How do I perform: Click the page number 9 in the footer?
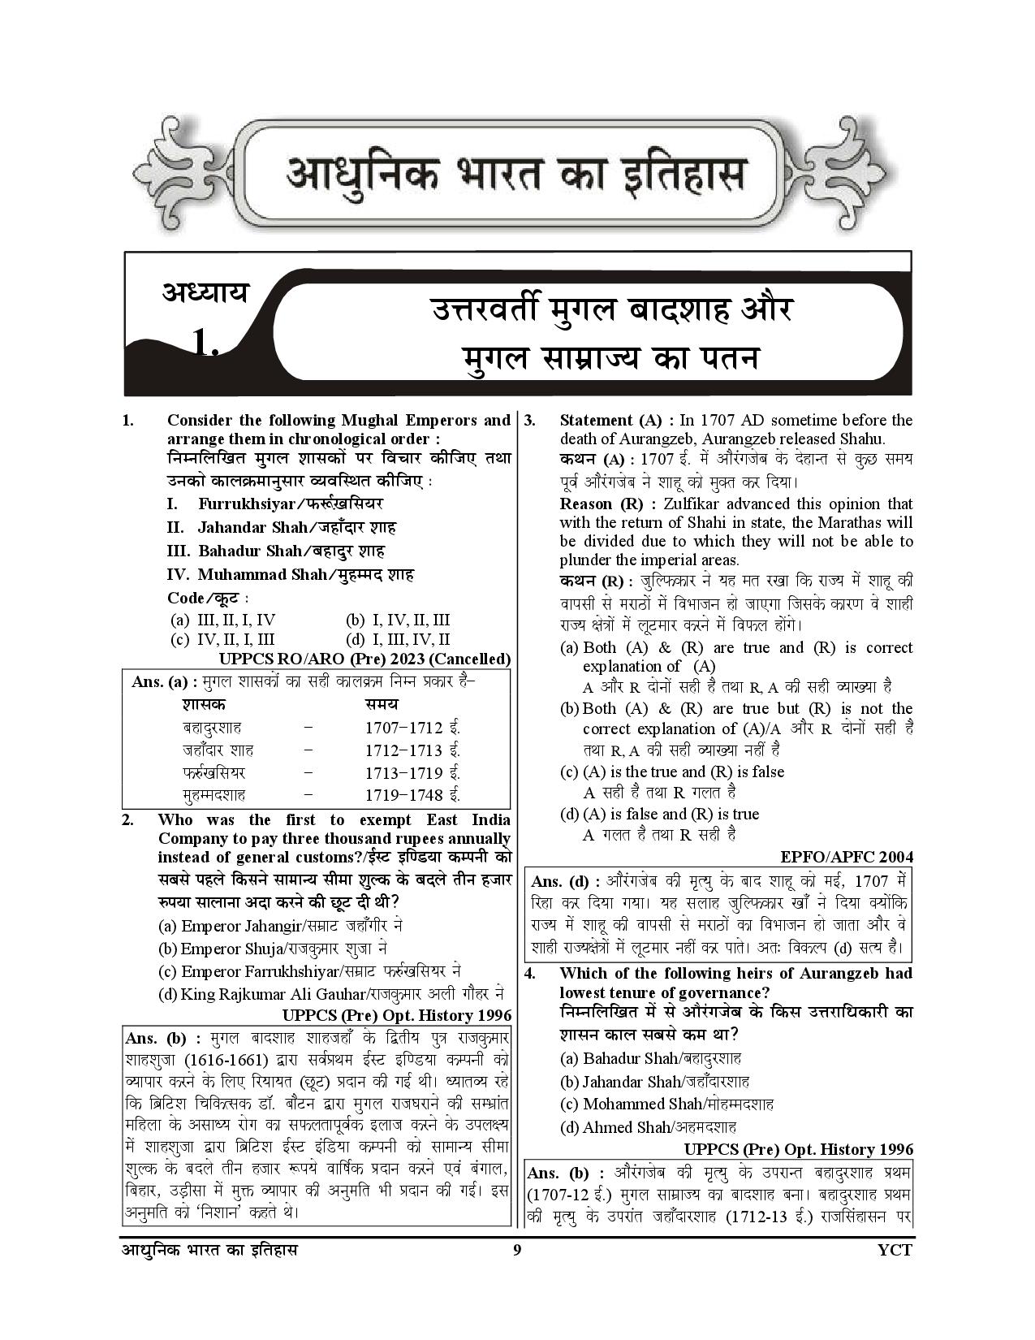pyautogui.click(x=516, y=1272)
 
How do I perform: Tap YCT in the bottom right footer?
pyautogui.click(x=895, y=1272)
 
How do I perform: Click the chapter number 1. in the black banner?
pyautogui.click(x=206, y=344)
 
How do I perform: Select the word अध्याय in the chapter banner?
pyautogui.click(x=205, y=292)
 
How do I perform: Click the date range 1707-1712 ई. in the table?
pyautogui.click(x=412, y=728)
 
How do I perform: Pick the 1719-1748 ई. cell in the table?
pyautogui.click(x=412, y=795)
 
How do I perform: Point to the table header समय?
pyautogui.click(x=382, y=703)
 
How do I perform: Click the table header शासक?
pyautogui.click(x=205, y=703)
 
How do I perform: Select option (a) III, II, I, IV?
pyautogui.click(x=223, y=620)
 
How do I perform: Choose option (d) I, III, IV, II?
pyautogui.click(x=398, y=639)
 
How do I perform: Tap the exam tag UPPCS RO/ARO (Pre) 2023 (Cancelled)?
pyautogui.click(x=365, y=659)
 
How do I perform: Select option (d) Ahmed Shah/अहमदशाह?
pyautogui.click(x=649, y=1126)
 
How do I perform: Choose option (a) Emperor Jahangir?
pyautogui.click(x=281, y=926)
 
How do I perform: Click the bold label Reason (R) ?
pyautogui.click(x=604, y=504)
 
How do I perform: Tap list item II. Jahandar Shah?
pyautogui.click(x=281, y=527)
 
